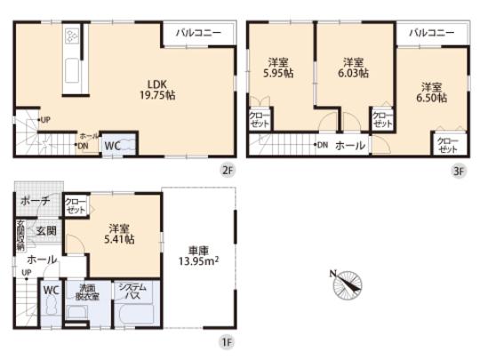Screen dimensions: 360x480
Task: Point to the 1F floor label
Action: point(227,339)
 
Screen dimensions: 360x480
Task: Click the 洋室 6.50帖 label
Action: point(432,92)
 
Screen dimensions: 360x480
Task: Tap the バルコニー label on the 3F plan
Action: point(432,31)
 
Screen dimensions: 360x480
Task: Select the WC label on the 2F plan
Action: point(114,144)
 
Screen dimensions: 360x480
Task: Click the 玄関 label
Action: point(46,231)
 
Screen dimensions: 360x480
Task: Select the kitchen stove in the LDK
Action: point(71,37)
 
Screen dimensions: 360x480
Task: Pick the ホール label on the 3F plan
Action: point(349,145)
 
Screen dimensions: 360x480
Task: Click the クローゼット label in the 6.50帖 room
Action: point(446,145)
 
